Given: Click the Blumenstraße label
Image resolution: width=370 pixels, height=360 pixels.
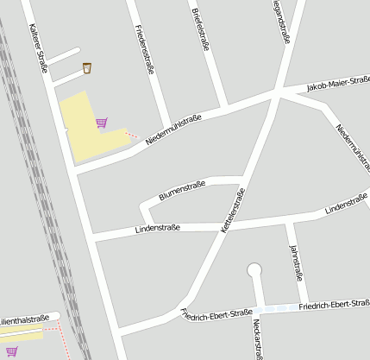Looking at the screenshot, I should pyautogui.click(x=181, y=191).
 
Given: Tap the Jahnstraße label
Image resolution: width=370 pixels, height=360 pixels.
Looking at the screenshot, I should pyautogui.click(x=298, y=263).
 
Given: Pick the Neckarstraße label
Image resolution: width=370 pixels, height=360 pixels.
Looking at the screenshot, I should pyautogui.click(x=258, y=338).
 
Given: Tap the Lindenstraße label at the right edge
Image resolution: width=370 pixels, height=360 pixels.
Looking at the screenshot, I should pyautogui.click(x=348, y=205).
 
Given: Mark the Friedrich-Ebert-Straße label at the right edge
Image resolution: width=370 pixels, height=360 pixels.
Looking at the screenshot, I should pyautogui.click(x=334, y=305).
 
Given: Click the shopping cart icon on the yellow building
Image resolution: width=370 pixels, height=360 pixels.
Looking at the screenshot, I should pyautogui.click(x=102, y=123).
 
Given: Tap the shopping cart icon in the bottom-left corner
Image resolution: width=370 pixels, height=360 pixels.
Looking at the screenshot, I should pyautogui.click(x=12, y=351).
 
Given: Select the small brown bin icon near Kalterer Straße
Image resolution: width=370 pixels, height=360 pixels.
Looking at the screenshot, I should pyautogui.click(x=87, y=67).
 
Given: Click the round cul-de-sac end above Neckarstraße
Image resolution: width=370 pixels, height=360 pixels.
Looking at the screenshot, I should pyautogui.click(x=254, y=270).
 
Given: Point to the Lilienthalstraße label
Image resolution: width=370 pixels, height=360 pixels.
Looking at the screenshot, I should pyautogui.click(x=24, y=320).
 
